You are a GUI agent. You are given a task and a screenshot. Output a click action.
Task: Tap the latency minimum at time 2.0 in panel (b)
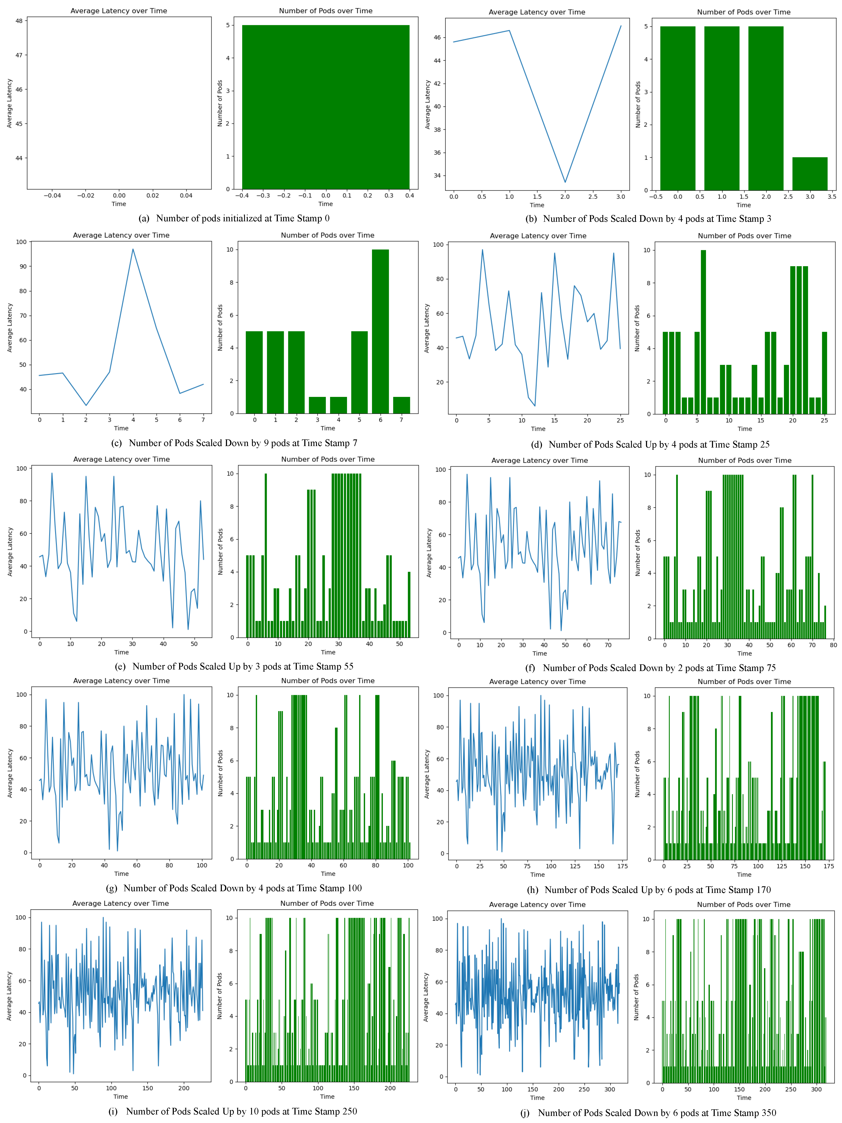[x=565, y=182]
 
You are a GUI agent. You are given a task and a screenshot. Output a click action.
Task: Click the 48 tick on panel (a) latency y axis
[x=19, y=21]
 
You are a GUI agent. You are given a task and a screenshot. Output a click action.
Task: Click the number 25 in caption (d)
[x=764, y=445]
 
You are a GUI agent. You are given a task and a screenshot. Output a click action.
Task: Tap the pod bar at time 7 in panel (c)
[x=401, y=405]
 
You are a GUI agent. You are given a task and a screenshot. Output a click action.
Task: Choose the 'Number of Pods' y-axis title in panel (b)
[x=638, y=104]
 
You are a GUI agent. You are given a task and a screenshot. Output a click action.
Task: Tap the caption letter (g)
[x=112, y=888]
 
